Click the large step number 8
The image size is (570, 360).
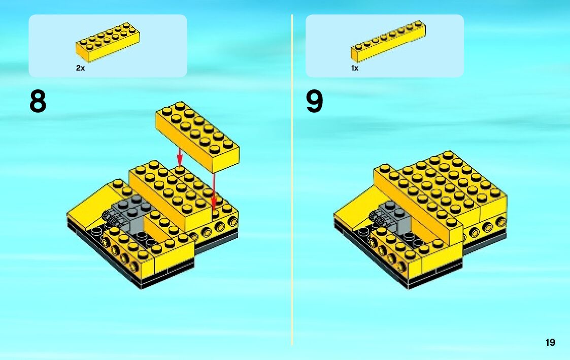click(x=38, y=102)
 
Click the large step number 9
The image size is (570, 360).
click(x=315, y=102)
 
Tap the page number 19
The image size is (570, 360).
click(x=550, y=342)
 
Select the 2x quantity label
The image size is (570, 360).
click(x=80, y=68)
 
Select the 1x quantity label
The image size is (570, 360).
click(x=355, y=68)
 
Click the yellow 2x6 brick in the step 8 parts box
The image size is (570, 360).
click(x=108, y=42)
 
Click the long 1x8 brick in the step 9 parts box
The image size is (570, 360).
click(x=388, y=41)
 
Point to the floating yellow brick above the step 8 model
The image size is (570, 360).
click(x=197, y=137)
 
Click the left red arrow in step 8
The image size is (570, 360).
click(x=179, y=156)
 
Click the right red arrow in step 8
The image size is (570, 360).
click(x=214, y=192)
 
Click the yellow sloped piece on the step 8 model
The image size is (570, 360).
click(x=96, y=206)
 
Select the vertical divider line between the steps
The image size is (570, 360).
click(x=292, y=180)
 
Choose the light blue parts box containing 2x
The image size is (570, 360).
click(x=108, y=46)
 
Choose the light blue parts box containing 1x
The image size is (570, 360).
click(x=385, y=46)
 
